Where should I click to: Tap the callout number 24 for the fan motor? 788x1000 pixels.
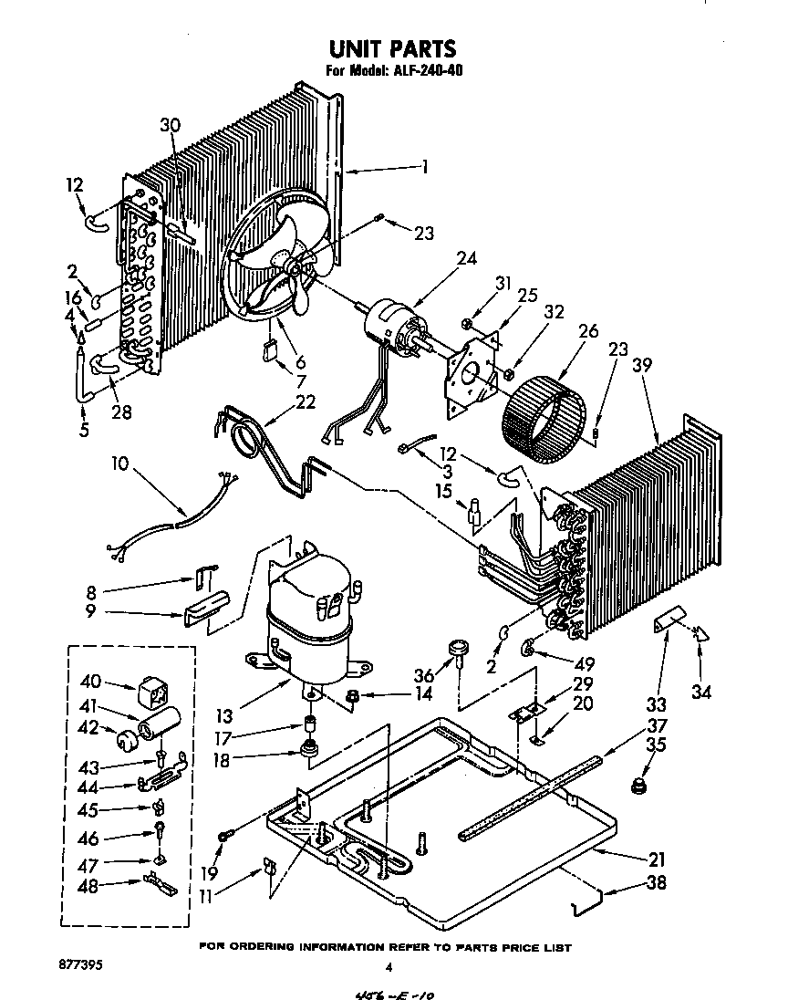click(x=466, y=258)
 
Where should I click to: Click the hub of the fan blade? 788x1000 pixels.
click(x=295, y=264)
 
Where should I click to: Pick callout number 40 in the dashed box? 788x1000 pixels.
click(x=91, y=681)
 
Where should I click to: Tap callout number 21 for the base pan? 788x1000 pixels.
click(x=656, y=859)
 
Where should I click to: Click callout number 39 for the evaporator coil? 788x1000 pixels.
click(x=644, y=364)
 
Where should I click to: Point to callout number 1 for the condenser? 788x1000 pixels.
click(x=424, y=166)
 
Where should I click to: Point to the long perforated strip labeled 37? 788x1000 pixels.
click(x=529, y=795)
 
